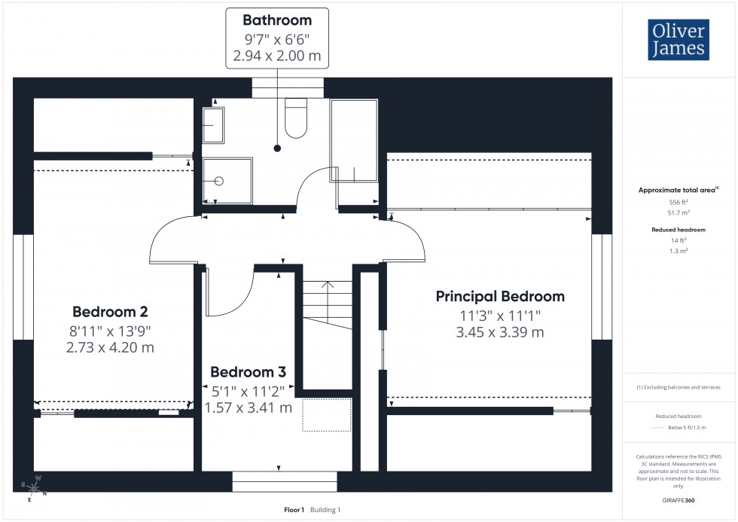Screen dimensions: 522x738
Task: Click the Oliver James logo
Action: (x=678, y=40)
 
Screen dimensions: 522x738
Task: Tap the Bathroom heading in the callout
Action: (x=276, y=20)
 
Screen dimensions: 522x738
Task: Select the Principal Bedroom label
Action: (x=500, y=296)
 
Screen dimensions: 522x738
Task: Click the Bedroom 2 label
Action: (x=110, y=312)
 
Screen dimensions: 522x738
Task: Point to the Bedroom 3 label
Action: (x=248, y=371)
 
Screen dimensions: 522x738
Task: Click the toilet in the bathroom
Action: (x=296, y=119)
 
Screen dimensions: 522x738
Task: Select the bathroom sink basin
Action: (x=213, y=124)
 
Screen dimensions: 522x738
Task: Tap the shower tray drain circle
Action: (x=219, y=181)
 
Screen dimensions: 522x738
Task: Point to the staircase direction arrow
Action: (x=327, y=286)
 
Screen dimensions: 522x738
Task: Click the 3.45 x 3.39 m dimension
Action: (x=500, y=332)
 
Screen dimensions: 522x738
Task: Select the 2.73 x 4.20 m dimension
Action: (x=110, y=347)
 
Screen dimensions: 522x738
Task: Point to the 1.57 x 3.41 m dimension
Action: (x=248, y=408)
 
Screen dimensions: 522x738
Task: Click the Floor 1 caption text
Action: (x=294, y=510)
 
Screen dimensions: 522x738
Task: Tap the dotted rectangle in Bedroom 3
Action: (x=327, y=414)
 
